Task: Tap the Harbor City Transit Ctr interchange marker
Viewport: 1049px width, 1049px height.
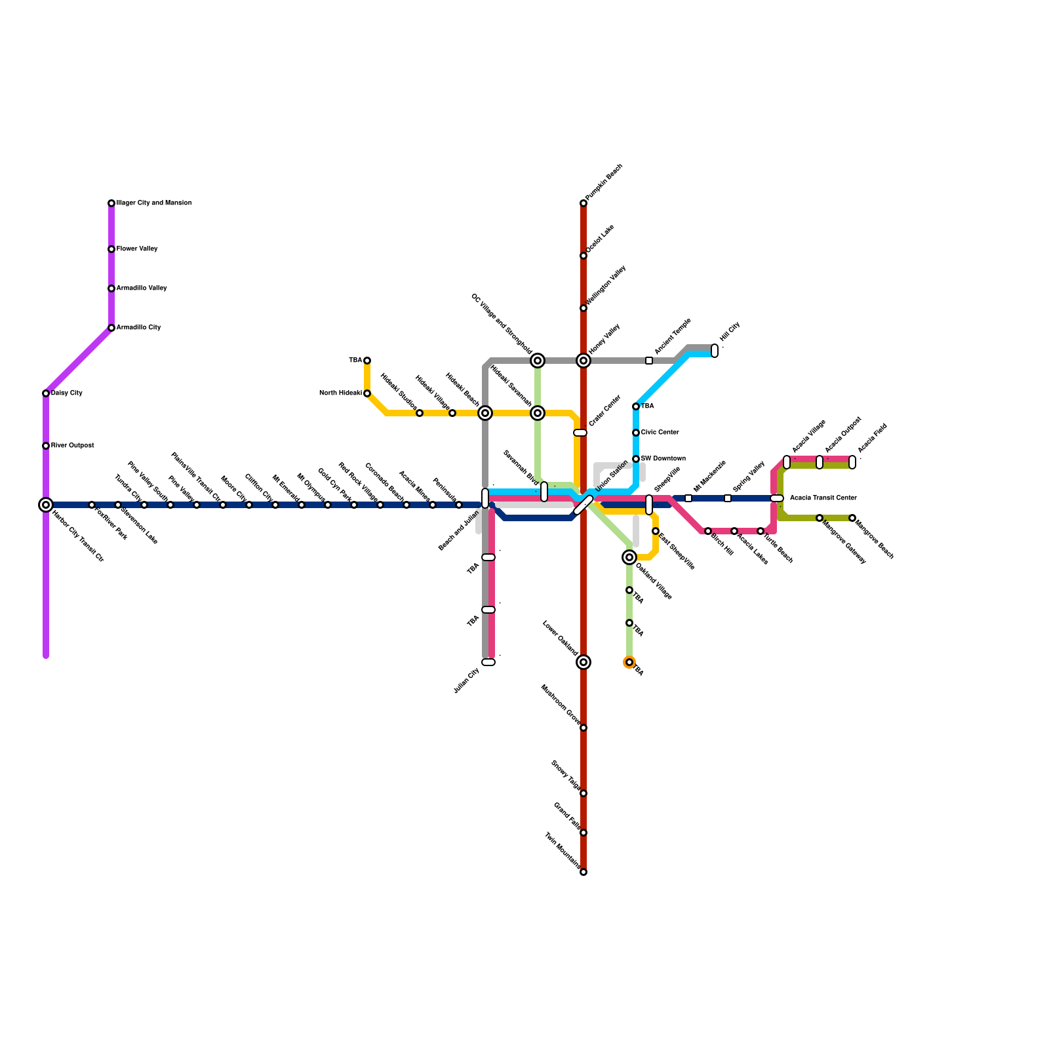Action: click(46, 505)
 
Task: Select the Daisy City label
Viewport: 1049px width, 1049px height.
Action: click(66, 393)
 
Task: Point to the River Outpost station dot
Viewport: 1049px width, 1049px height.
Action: click(46, 446)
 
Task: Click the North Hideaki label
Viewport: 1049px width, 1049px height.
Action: click(340, 393)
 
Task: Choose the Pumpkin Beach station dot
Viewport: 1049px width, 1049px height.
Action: click(584, 203)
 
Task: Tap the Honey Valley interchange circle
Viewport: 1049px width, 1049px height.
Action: click(584, 361)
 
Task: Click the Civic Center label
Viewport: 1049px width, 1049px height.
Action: click(660, 433)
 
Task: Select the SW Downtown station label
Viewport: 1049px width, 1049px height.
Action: click(663, 459)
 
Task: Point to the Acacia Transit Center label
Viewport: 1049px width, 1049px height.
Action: click(823, 498)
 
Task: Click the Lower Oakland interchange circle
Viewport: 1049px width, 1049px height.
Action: click(584, 662)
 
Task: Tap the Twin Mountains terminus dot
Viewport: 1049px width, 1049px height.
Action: click(584, 872)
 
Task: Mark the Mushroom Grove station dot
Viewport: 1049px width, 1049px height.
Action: click(584, 728)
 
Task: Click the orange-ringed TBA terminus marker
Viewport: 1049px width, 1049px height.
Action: click(629, 662)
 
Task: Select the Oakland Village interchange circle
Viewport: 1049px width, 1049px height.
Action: click(629, 557)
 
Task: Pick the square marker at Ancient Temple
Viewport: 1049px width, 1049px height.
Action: click(649, 361)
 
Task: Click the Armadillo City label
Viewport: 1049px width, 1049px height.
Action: click(138, 328)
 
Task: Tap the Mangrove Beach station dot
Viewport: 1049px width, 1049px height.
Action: click(852, 518)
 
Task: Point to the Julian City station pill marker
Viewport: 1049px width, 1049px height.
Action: click(488, 662)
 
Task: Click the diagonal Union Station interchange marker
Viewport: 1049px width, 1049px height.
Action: click(583, 505)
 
